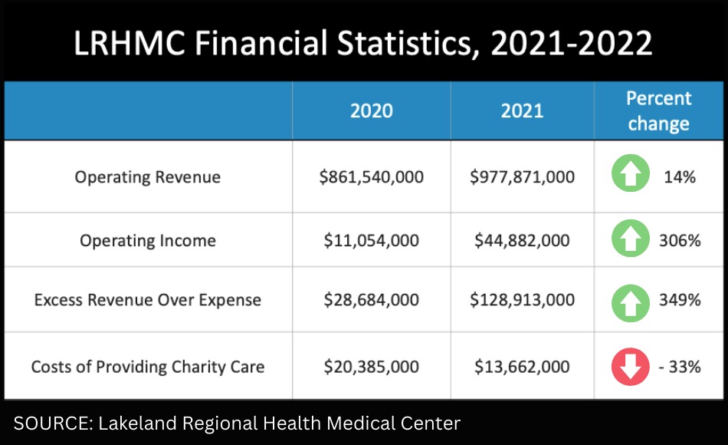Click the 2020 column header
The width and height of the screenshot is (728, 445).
(371, 110)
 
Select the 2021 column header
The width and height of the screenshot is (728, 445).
(522, 110)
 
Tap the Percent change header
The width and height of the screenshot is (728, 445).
(658, 110)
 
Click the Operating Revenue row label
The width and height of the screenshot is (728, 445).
(147, 177)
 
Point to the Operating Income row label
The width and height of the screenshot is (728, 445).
(147, 241)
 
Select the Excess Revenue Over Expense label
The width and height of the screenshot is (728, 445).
(147, 300)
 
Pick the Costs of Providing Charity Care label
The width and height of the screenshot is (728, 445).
(147, 367)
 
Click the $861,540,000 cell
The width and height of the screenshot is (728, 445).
(371, 177)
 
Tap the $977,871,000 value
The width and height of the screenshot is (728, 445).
(522, 177)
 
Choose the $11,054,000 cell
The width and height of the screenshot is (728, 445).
(371, 241)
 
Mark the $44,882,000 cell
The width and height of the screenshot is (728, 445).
(522, 241)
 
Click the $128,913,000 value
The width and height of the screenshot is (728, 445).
(522, 300)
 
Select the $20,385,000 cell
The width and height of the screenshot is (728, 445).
(371, 367)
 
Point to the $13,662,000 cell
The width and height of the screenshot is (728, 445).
(522, 367)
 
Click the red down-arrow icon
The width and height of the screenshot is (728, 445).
(629, 367)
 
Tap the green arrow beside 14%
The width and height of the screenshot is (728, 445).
(629, 176)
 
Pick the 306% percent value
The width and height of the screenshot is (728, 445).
(680, 241)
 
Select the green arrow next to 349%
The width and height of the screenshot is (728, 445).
(629, 300)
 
